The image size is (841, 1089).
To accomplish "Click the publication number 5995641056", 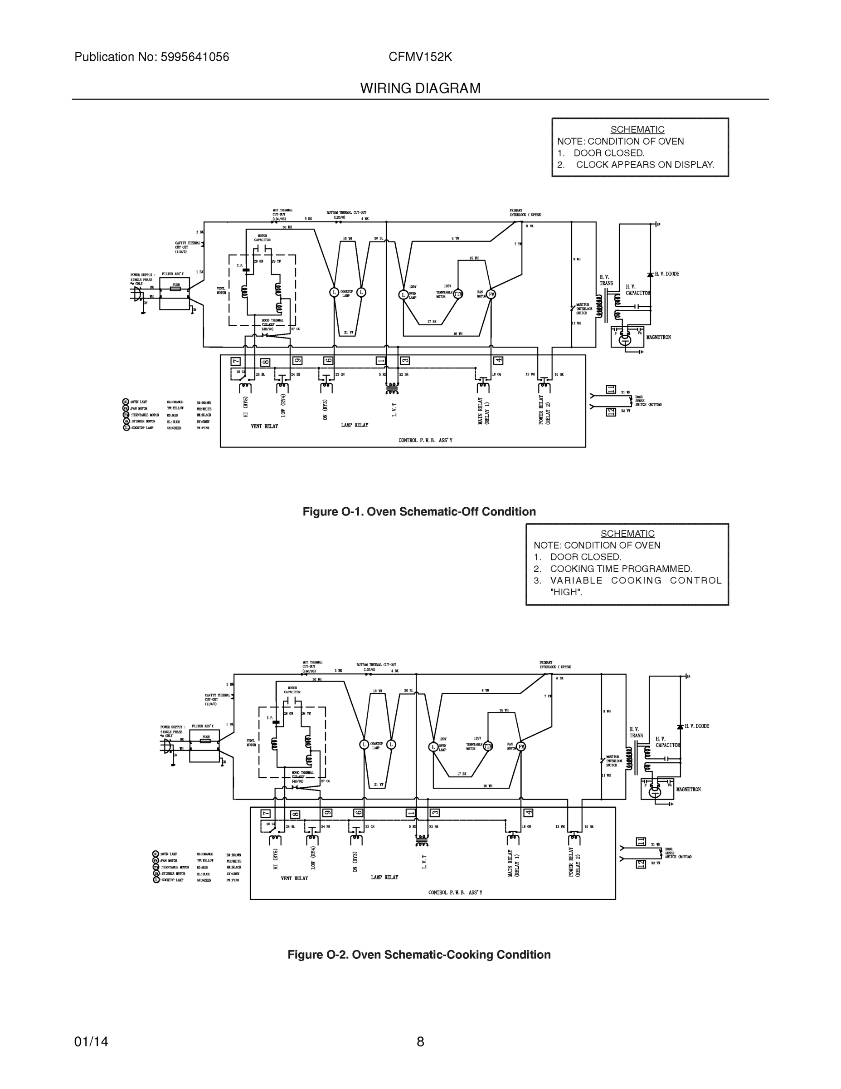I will click(x=194, y=57).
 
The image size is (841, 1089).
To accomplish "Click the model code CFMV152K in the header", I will click(x=420, y=57).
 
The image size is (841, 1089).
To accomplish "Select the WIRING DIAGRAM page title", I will click(x=420, y=89).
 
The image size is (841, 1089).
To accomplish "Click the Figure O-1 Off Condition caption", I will click(x=419, y=511).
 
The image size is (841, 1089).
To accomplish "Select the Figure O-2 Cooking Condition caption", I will click(x=419, y=954).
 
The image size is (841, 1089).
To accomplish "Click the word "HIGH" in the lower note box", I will click(x=566, y=592).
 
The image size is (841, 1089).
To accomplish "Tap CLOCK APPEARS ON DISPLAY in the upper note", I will click(x=645, y=165).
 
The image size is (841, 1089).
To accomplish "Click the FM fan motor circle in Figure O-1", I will click(x=491, y=294).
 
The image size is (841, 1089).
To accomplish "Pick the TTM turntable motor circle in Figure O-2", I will click(x=487, y=746).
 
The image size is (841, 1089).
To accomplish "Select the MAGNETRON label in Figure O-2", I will click(x=688, y=790).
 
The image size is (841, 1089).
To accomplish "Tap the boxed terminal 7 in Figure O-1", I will click(x=236, y=362).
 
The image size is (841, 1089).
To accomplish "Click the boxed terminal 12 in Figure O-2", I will click(x=641, y=864).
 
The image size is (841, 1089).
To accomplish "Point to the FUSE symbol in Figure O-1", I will click(x=176, y=288).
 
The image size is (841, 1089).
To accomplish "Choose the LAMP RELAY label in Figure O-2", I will click(x=384, y=877).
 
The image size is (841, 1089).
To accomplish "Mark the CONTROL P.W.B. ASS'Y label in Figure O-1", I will click(x=425, y=440).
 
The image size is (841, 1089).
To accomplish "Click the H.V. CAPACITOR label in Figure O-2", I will click(x=668, y=742).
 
